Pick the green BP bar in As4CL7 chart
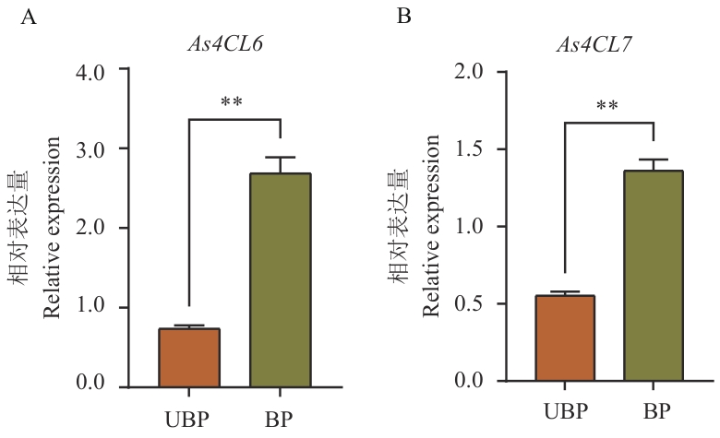653,276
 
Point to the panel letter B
404,16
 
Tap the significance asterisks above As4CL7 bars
607,106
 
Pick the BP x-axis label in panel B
654,410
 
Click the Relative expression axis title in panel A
53,227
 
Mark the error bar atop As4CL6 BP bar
279,164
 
